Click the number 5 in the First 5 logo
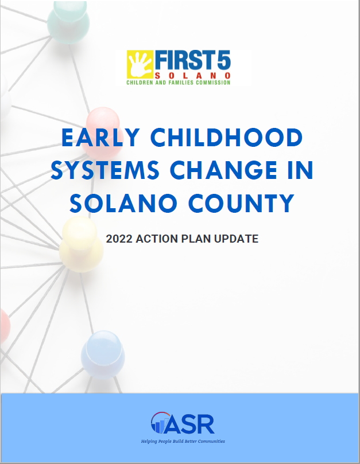pyautogui.click(x=224, y=60)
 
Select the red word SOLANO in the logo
pyautogui.click(x=192, y=76)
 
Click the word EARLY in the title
pyautogui.click(x=100, y=138)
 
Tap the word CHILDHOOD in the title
pyautogui.click(x=227, y=138)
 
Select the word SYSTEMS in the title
pyautogui.click(x=105, y=170)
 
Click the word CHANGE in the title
pyautogui.click(x=223, y=170)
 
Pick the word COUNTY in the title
pyautogui.click(x=242, y=203)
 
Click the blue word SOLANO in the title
pyautogui.click(x=123, y=203)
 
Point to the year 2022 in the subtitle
pyautogui.click(x=119, y=239)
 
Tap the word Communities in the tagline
pyautogui.click(x=211, y=441)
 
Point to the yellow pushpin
pyautogui.click(x=81, y=244)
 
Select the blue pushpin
pyautogui.click(x=103, y=354)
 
